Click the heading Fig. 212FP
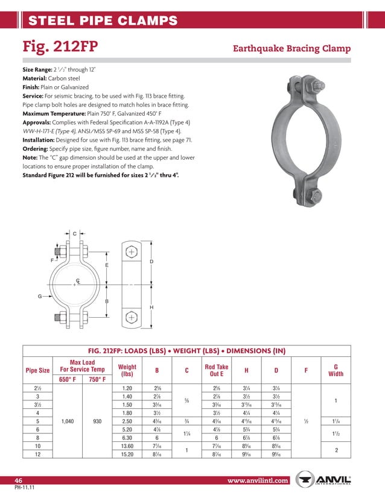point(60,46)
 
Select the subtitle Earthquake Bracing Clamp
point(291,48)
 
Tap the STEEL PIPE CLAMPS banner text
point(103,21)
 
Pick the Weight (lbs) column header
point(127,370)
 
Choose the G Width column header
point(335,370)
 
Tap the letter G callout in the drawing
point(40,296)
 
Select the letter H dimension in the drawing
point(151,307)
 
